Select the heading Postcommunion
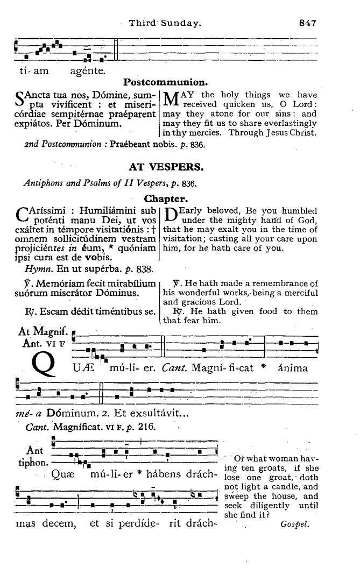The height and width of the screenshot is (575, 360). pos(166,82)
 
